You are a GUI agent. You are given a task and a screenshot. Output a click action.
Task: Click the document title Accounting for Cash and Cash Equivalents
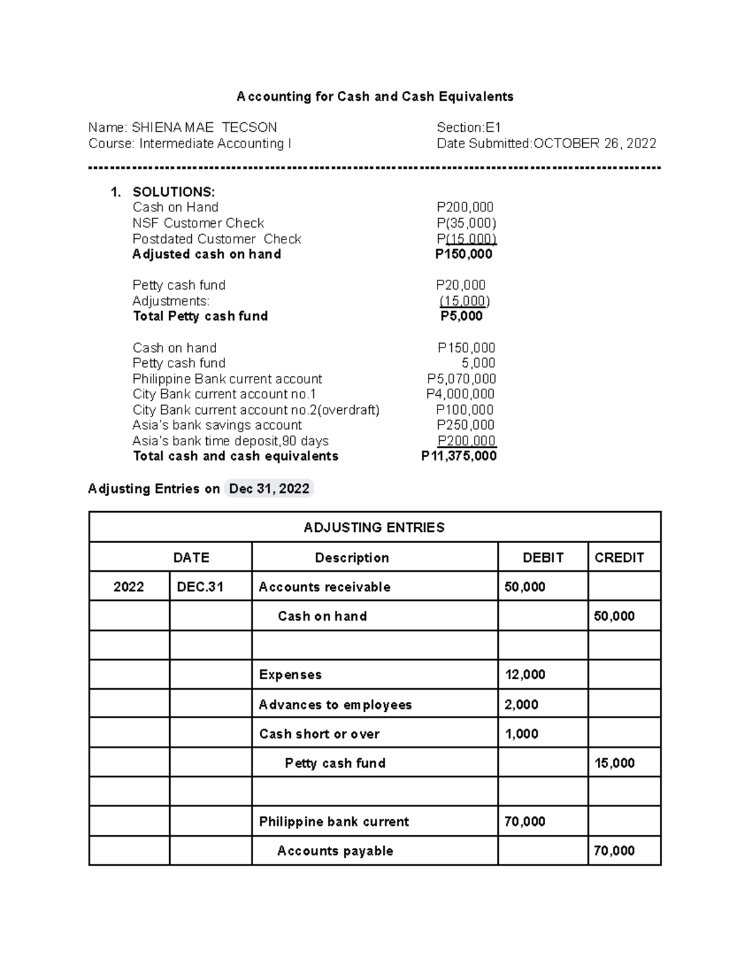tap(375, 97)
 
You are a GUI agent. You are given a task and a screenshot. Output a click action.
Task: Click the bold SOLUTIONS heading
tap(174, 192)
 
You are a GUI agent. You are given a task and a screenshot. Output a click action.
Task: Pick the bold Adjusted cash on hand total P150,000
tap(464, 254)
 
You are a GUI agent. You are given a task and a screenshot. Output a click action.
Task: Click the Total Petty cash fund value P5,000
tap(461, 316)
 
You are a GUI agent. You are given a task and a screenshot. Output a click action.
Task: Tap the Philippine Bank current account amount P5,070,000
tap(461, 379)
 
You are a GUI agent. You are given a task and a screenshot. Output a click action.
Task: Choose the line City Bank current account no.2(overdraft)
tap(256, 410)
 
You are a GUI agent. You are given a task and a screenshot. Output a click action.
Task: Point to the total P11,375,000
tap(459, 456)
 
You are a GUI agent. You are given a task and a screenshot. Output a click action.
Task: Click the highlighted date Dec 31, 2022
tap(269, 489)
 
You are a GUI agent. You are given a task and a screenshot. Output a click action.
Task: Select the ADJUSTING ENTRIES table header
tap(374, 527)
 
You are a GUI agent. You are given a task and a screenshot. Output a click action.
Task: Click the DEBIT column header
tap(543, 558)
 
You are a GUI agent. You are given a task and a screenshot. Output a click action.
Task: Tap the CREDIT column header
tap(619, 558)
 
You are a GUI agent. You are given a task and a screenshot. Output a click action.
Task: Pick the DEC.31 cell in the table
tap(200, 587)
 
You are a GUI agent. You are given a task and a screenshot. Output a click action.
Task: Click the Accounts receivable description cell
tap(325, 587)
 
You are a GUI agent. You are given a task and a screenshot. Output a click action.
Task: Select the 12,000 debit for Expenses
tap(525, 675)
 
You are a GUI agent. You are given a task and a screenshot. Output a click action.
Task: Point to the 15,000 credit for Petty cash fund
tap(614, 763)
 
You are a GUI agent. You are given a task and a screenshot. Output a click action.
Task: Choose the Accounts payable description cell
tap(335, 851)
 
